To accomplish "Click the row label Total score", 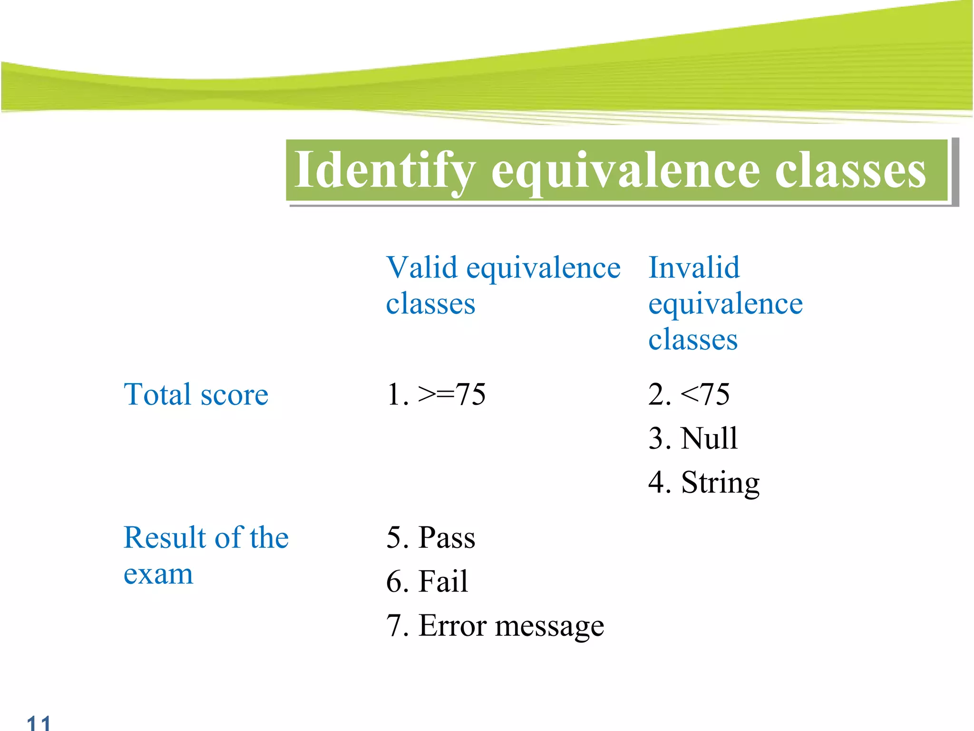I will [x=195, y=395].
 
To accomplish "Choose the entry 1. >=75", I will [x=436, y=395].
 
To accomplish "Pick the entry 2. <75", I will [x=688, y=395].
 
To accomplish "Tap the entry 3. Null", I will [x=692, y=438].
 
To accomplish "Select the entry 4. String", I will [x=703, y=483].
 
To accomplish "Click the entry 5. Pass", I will [x=430, y=538].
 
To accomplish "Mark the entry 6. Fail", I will [x=427, y=582].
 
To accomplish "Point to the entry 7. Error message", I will [x=495, y=625].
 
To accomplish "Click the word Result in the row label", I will [x=165, y=538].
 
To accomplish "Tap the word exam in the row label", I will [x=158, y=574].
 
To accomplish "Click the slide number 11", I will [x=39, y=722].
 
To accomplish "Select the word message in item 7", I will [x=549, y=626].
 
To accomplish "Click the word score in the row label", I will [x=234, y=395].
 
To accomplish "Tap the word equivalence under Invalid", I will [x=725, y=305].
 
